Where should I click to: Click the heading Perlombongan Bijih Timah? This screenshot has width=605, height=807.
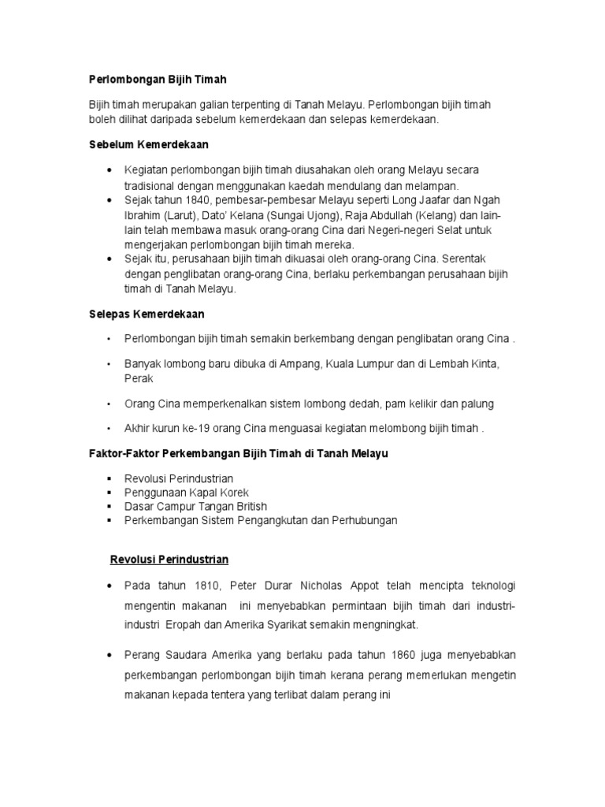157,80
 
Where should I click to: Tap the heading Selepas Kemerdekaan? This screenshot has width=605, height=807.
146,314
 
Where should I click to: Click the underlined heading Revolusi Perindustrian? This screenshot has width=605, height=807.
168,560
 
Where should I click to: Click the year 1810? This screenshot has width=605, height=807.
197,587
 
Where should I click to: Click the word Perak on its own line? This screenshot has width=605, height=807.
139,378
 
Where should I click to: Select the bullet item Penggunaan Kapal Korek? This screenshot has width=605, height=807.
187,493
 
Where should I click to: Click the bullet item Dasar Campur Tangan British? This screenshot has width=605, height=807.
195,507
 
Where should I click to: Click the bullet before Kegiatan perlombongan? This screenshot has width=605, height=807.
109,171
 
